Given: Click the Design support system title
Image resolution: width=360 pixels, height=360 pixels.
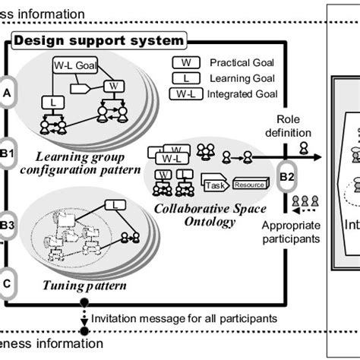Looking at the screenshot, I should (99, 39).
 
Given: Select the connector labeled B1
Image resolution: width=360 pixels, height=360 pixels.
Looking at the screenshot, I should (7, 147).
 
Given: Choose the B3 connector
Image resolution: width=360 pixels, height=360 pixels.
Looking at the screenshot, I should (7, 225).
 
